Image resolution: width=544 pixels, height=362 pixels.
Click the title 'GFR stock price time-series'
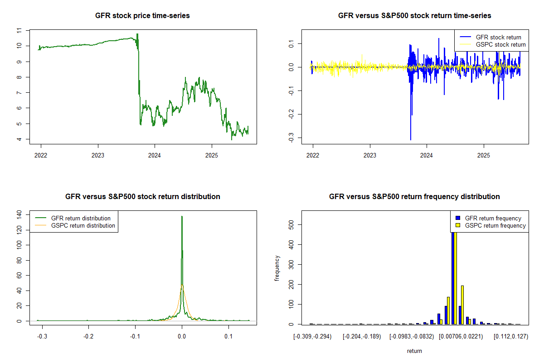pyautogui.click(x=142, y=16)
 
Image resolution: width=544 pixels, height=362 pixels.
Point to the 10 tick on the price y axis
pyautogui.click(x=19, y=46)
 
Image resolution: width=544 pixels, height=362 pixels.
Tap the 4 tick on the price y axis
pyautogui.click(x=19, y=139)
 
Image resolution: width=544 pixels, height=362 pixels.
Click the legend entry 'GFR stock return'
pyautogui.click(x=498, y=37)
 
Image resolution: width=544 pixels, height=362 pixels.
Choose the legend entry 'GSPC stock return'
pyautogui.click(x=500, y=44)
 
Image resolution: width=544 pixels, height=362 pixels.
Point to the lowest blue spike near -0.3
pyautogui.click(x=411, y=139)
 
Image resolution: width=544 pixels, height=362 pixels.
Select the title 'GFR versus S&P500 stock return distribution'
pyautogui.click(x=142, y=197)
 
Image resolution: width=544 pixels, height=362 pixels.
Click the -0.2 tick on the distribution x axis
pyautogui.click(x=88, y=337)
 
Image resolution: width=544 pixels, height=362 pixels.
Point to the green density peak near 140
pyautogui.click(x=182, y=217)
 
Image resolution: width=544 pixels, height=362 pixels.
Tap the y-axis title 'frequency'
pyautogui.click(x=277, y=268)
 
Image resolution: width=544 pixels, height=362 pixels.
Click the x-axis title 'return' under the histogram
pyautogui.click(x=414, y=351)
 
